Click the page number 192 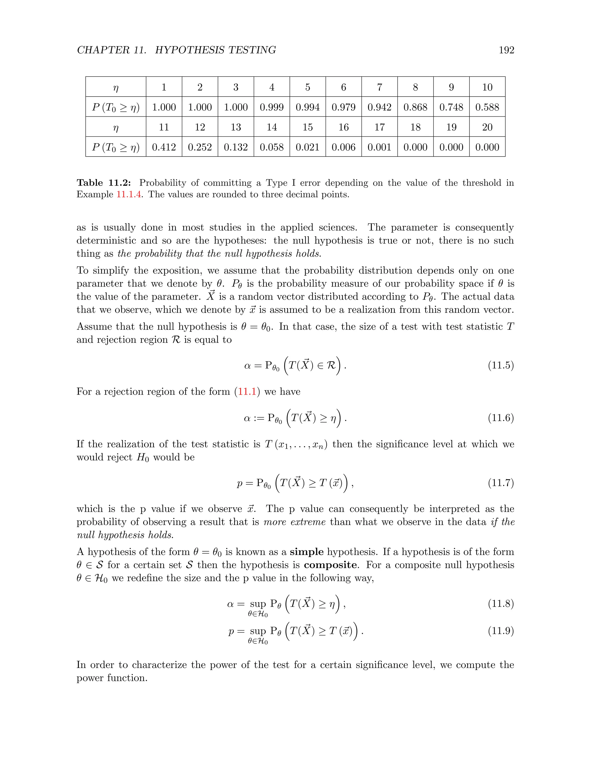coord(506,50)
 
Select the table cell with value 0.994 coord(307,107)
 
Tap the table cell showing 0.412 coord(164,147)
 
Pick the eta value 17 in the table coord(379,127)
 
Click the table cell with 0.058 coord(272,147)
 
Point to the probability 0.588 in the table coord(487,107)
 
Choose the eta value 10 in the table coord(487,87)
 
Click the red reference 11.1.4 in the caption coord(128,195)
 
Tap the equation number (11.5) coord(501,366)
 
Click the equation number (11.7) coord(501,483)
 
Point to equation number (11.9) coord(501,631)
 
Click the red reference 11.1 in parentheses coord(247,392)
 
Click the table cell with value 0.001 coord(379,147)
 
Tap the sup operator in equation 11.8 coord(258,604)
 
